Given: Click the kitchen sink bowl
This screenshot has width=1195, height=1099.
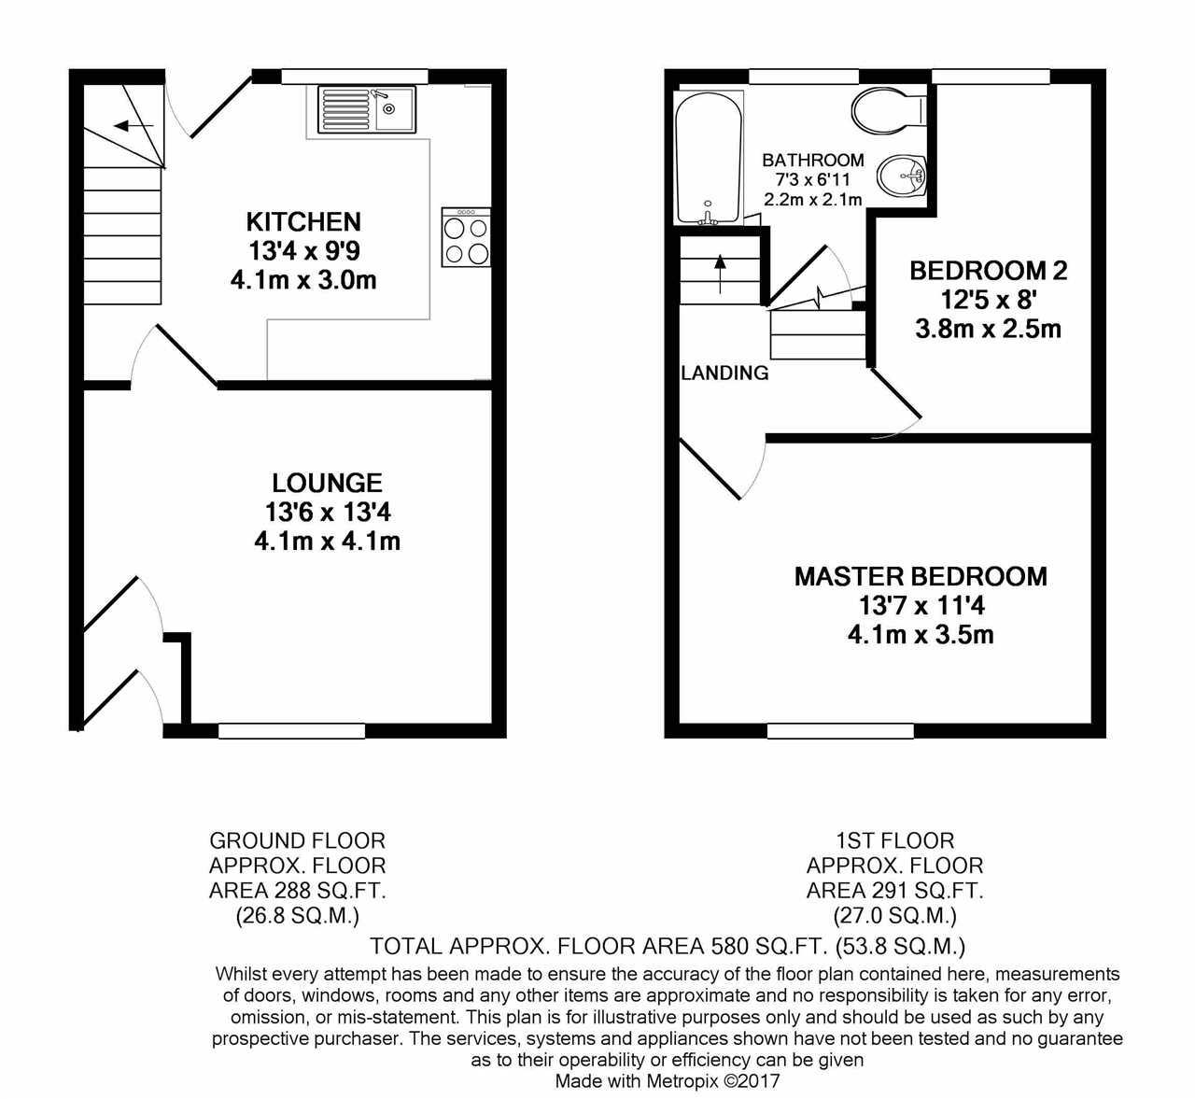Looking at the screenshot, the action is tap(393, 109).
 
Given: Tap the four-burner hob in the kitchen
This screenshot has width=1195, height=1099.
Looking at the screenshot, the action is tap(467, 236).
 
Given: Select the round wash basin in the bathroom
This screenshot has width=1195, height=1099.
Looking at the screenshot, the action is tap(901, 176).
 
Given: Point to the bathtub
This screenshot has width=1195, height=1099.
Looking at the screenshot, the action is tap(709, 159).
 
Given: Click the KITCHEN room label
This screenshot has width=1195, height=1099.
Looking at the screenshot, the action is tap(303, 221).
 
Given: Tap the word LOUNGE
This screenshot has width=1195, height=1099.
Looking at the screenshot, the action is tap(327, 483).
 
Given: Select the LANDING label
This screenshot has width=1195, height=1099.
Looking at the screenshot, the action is tap(724, 373).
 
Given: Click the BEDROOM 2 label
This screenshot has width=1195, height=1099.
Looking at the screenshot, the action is tap(989, 271).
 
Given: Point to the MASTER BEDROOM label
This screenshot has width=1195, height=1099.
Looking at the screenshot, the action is tap(921, 576).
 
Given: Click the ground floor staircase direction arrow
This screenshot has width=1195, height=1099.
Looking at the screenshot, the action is tap(134, 126).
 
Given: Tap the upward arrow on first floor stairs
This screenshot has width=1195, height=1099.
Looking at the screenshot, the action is tap(721, 274).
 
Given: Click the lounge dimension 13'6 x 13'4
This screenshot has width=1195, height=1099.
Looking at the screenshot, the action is tap(327, 512).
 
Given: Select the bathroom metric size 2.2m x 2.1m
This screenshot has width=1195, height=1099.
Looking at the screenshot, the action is tap(812, 200).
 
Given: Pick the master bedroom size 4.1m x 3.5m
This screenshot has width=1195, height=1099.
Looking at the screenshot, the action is tap(921, 635).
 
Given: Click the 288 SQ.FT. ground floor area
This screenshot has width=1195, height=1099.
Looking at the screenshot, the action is tap(330, 891).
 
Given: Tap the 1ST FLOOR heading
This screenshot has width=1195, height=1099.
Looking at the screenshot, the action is tap(894, 841).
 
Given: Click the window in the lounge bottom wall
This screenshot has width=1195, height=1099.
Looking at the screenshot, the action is tap(291, 731).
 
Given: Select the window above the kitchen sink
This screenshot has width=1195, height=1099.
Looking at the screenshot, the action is tap(355, 77).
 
